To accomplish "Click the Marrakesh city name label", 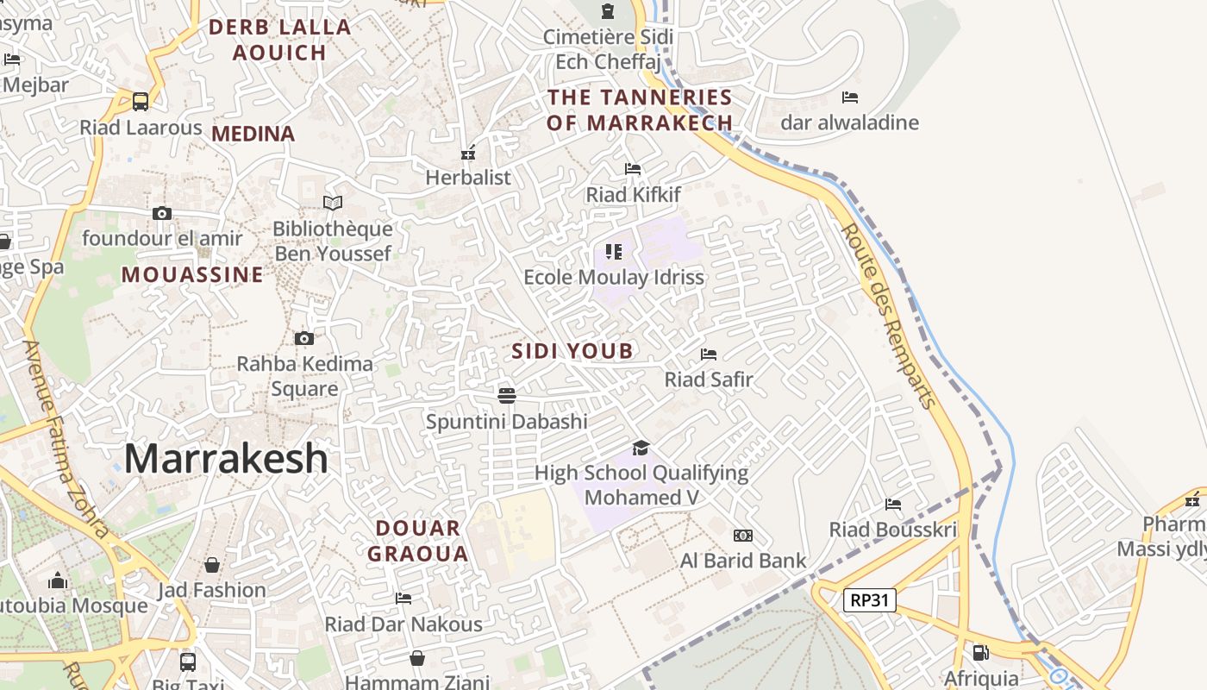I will [226, 459].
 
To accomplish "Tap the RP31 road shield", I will [869, 600].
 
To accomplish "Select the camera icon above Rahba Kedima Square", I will [303, 338].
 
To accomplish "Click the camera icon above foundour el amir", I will [161, 213].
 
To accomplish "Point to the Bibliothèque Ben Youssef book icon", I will [333, 203].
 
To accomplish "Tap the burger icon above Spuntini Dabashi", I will [507, 395].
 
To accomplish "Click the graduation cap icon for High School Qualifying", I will [641, 448].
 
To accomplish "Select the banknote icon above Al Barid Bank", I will [742, 536].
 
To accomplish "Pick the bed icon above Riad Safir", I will [709, 354].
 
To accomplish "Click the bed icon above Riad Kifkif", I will [633, 169].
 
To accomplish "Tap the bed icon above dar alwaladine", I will [850, 97].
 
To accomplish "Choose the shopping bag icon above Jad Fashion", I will [212, 565].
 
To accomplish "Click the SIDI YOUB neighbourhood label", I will [572, 351].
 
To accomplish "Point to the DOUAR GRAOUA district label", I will [418, 541].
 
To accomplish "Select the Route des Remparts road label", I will [887, 315].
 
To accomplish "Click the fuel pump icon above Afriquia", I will [980, 653].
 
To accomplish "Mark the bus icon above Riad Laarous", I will [141, 101].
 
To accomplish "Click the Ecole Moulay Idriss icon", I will [614, 252].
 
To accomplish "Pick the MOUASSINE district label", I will [192, 275].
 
